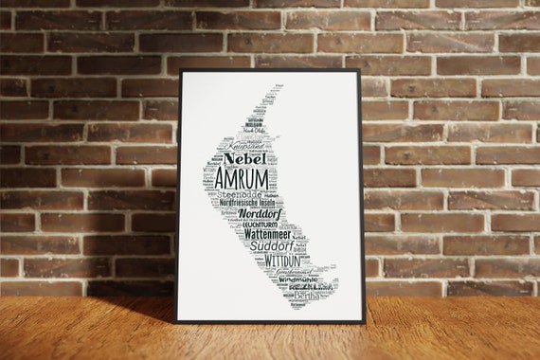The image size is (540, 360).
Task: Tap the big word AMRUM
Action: coord(243,178)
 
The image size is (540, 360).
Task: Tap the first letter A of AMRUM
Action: coord(222,179)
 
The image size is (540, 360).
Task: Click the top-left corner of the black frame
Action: coord(180,70)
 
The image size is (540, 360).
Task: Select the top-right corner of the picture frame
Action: coord(360,70)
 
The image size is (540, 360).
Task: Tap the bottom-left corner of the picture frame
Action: coord(177,322)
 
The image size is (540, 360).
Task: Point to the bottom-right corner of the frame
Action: coord(365,322)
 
